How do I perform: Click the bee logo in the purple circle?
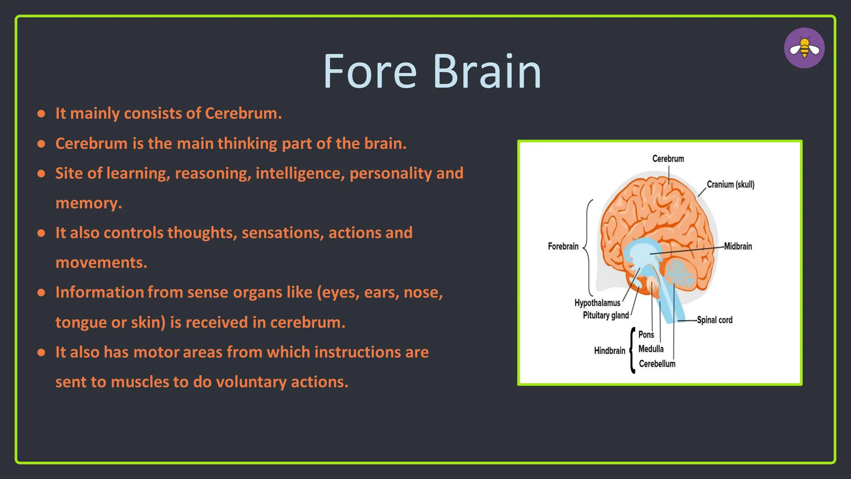(804, 48)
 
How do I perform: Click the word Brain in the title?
(487, 72)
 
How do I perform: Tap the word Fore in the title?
(369, 72)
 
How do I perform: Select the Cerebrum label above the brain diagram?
(668, 159)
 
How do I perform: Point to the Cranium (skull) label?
(730, 185)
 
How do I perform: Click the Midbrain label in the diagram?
(738, 246)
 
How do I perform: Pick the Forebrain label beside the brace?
(563, 246)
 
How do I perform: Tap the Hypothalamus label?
(597, 303)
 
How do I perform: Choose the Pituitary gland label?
(605, 315)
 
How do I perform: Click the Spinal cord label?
(714, 320)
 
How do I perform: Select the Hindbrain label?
(609, 351)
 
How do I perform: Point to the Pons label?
(646, 335)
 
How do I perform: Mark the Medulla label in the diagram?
(651, 349)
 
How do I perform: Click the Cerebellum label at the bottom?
(657, 364)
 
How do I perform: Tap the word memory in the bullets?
(88, 203)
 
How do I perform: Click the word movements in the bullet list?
(101, 263)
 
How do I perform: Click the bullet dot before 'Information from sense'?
(41, 293)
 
